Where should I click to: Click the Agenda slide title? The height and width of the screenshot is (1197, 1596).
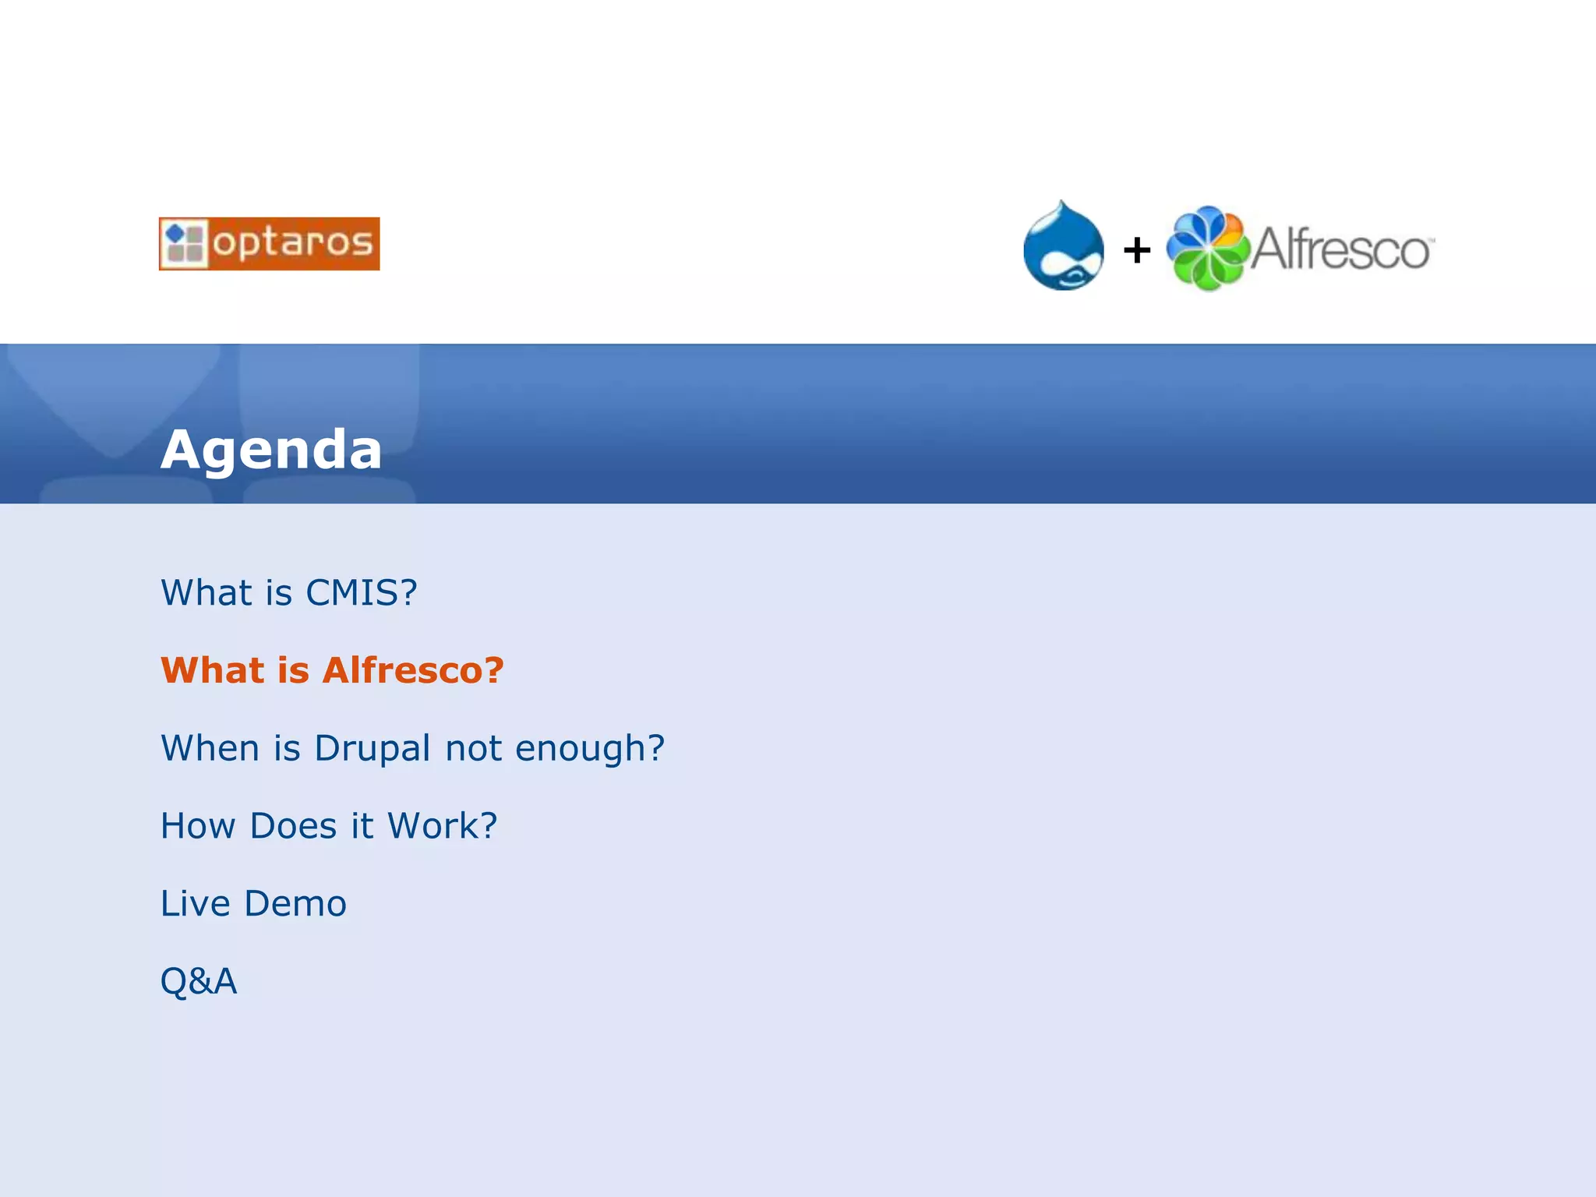coord(271,450)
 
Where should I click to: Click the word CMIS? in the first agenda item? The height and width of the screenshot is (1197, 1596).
coord(362,593)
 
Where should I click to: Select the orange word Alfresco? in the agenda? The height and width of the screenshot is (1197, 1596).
coord(413,670)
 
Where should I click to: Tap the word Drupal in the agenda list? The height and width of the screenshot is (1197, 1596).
coord(373,749)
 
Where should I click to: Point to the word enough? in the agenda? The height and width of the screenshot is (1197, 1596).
coord(590,749)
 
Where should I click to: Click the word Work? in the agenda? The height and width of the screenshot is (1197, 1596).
coord(443,826)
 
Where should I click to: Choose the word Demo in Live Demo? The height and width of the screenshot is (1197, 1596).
coord(295,904)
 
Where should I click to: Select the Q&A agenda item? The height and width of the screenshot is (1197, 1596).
coord(199,981)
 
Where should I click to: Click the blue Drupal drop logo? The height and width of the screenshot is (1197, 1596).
coord(1063,247)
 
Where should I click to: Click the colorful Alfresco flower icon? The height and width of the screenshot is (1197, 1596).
coord(1207,249)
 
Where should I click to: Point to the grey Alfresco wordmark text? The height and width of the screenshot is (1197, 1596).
coord(1340,249)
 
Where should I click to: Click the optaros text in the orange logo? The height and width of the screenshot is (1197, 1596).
coord(293,243)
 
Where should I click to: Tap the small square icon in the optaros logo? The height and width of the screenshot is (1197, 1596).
coord(185,244)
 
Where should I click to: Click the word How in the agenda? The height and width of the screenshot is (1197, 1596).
coord(198,826)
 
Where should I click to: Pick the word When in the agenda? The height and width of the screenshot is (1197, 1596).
coord(210,748)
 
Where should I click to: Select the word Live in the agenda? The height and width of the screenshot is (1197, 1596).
coord(195,904)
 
